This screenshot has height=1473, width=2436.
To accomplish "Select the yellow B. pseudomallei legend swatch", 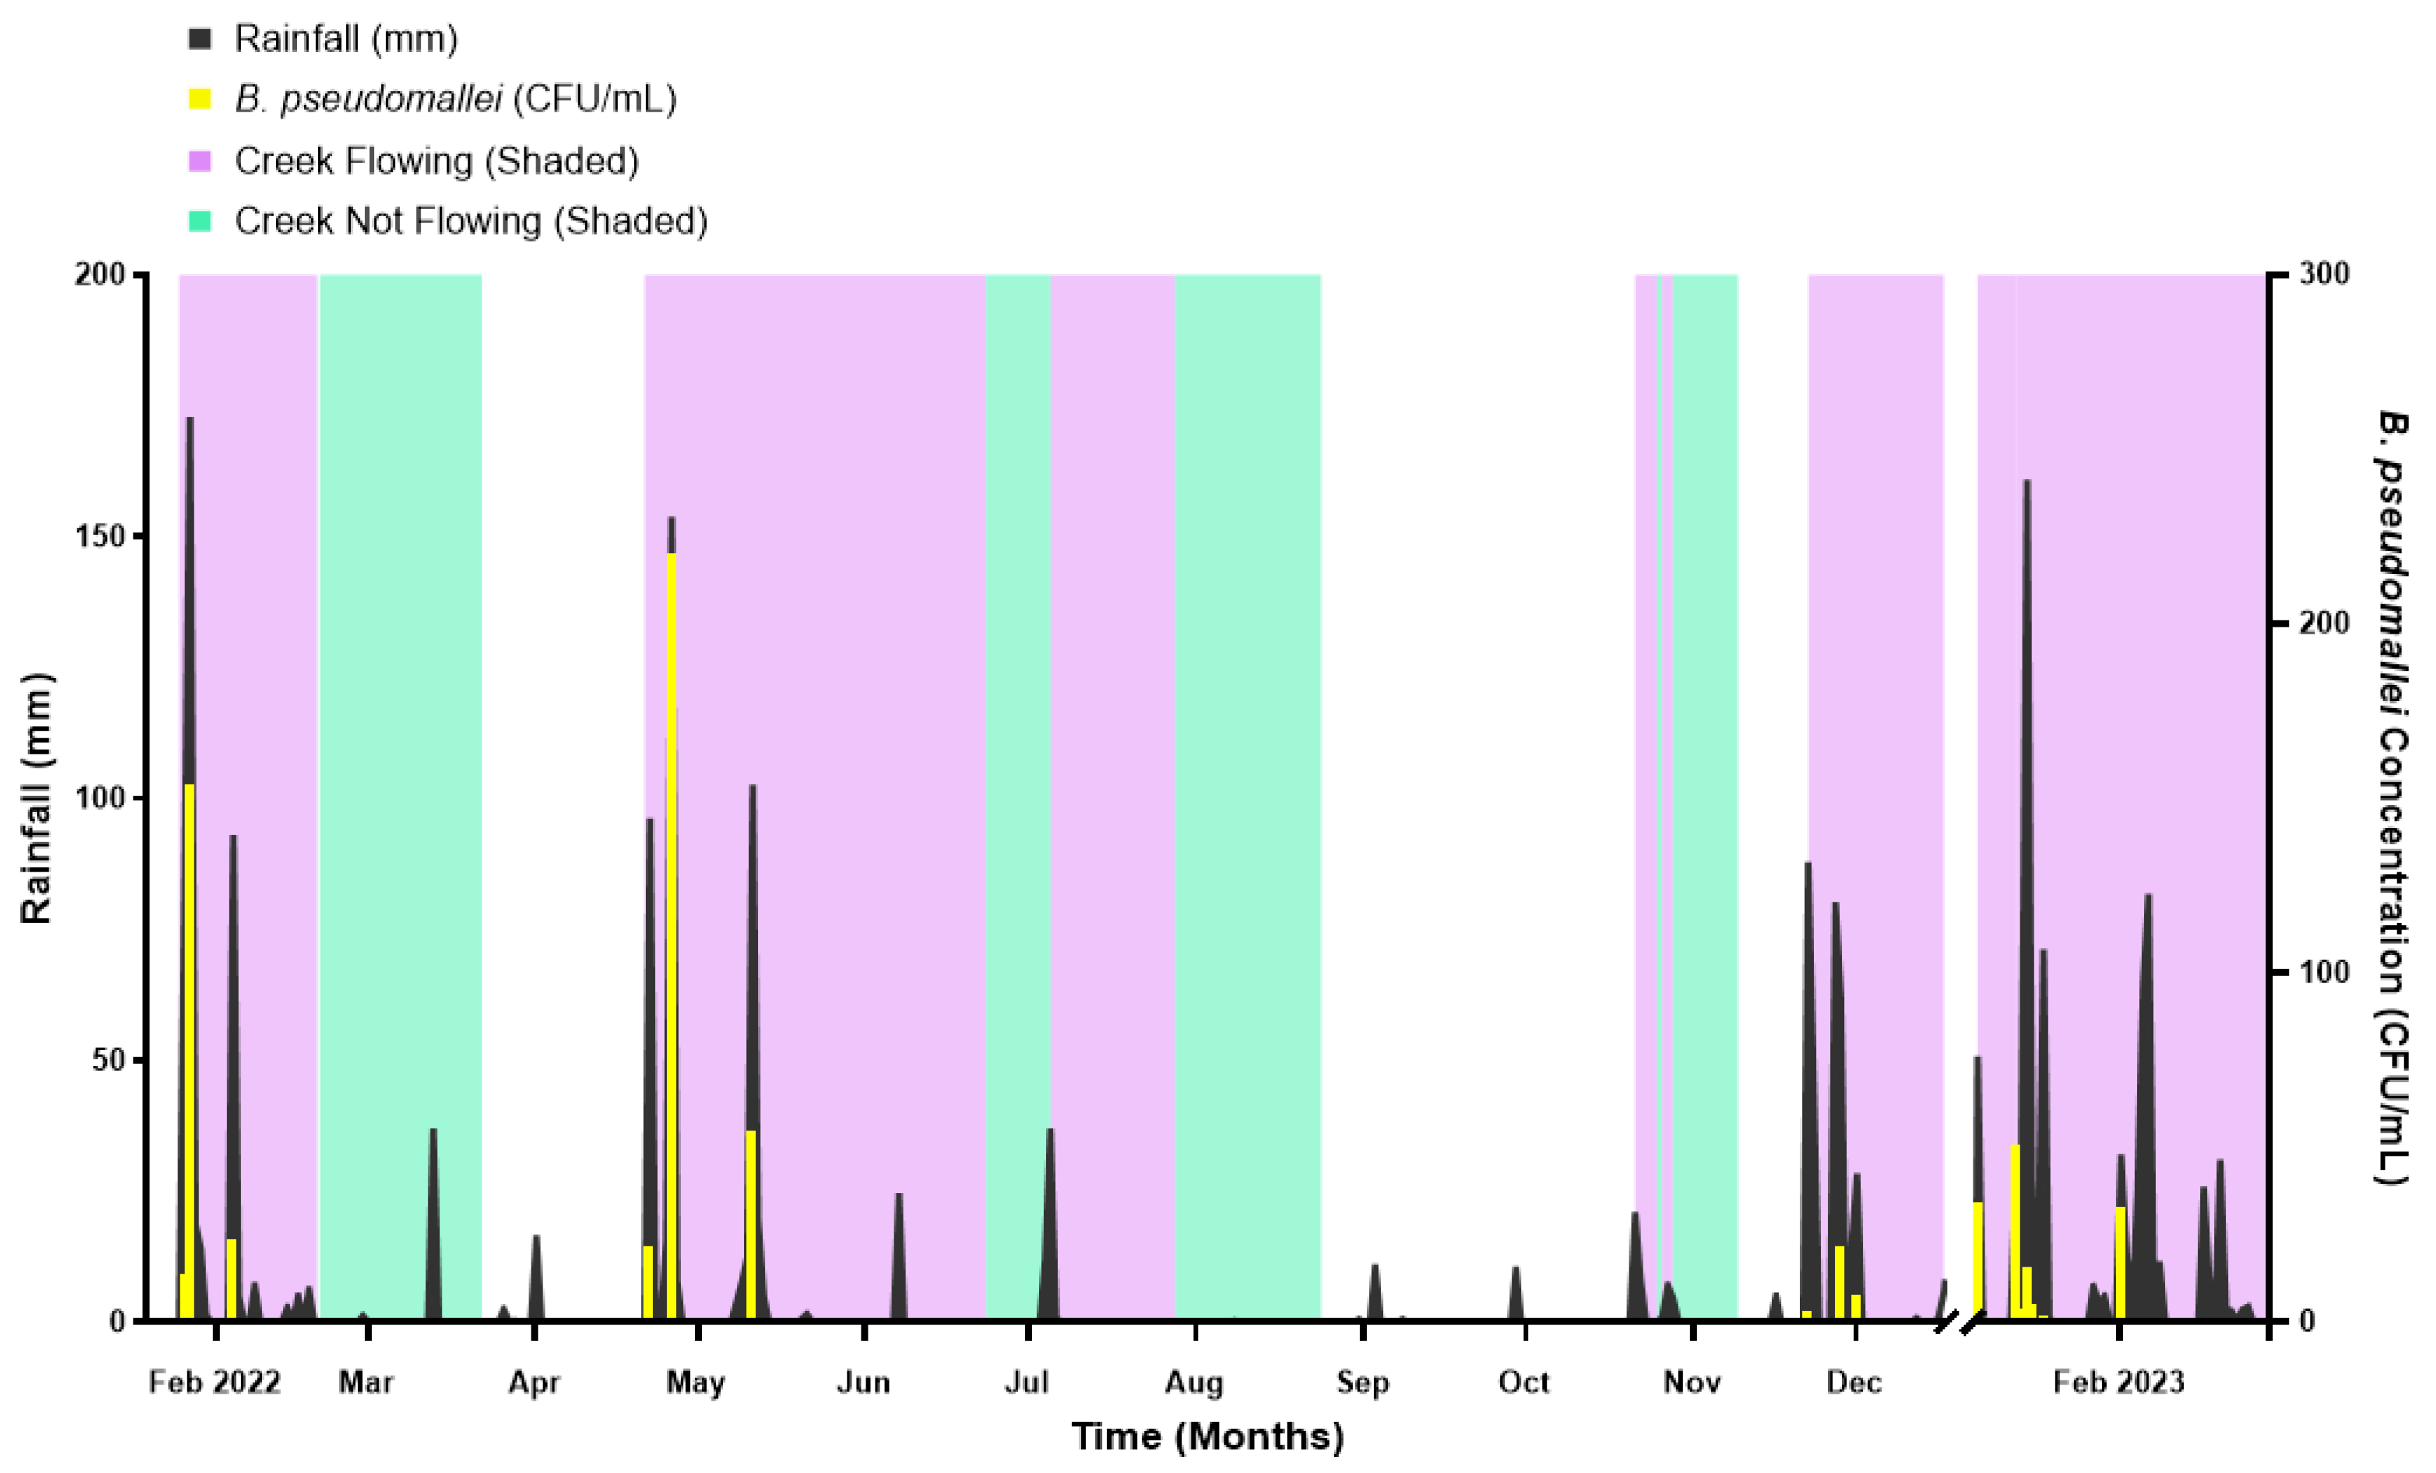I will click(x=199, y=99).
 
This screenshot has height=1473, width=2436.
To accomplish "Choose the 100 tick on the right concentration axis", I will click(x=2323, y=972).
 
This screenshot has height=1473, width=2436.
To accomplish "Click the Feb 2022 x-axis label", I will click(x=215, y=1382).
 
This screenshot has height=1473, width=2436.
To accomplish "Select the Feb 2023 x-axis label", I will click(x=2118, y=1382).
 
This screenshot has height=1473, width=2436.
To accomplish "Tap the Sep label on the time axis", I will click(x=1363, y=1382).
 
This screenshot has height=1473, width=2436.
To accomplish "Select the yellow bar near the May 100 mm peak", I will click(x=751, y=1226).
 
